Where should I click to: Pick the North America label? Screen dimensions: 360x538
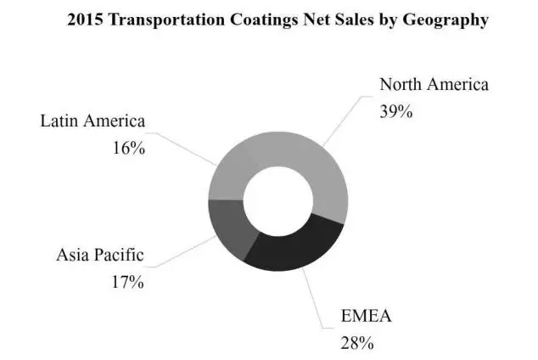[434, 84]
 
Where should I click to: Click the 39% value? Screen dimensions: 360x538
[395, 110]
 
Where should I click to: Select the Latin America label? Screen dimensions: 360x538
[93, 121]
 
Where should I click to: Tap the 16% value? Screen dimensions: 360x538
[128, 147]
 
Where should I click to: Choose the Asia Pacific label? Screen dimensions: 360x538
[100, 254]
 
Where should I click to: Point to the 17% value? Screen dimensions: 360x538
[127, 281]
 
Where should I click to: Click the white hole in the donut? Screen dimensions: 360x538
[277, 200]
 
